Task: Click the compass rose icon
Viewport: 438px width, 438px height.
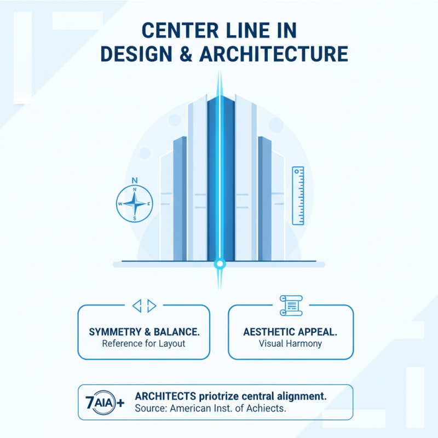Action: point(134,203)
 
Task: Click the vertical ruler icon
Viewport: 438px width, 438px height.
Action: point(298,196)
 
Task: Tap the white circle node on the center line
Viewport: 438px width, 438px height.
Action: point(220,264)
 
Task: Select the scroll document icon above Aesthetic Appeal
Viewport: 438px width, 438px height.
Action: point(291,305)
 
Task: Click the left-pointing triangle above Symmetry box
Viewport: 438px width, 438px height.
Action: point(137,306)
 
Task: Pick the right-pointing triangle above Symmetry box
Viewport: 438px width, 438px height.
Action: point(152,306)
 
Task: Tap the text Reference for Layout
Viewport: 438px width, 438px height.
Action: point(143,344)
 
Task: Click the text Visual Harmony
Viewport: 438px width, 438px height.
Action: point(290,344)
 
